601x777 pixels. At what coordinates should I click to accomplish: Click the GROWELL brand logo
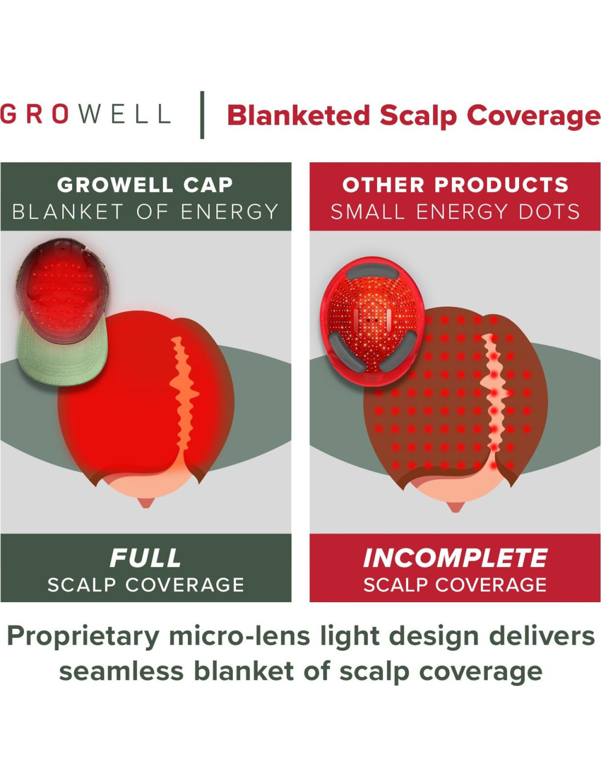(85, 114)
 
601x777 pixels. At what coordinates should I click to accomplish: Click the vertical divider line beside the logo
(202, 115)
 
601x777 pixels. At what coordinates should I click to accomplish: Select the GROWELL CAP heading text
(145, 185)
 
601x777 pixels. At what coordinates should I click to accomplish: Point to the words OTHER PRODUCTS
(455, 185)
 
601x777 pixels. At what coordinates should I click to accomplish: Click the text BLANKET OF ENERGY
(145, 211)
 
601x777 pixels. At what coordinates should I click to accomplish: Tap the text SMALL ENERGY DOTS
(455, 211)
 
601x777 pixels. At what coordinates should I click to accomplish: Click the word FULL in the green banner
(145, 558)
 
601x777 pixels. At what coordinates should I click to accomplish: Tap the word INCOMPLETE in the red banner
(455, 558)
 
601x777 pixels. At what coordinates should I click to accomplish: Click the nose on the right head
(455, 507)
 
